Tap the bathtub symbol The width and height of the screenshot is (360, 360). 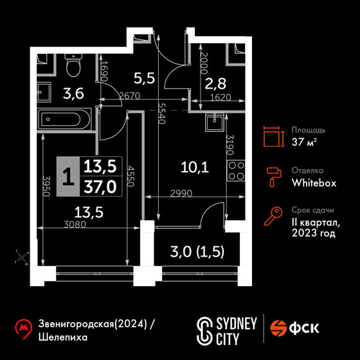point(65,120)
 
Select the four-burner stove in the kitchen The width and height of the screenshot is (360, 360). point(236,170)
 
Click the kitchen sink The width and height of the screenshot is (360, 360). point(214,122)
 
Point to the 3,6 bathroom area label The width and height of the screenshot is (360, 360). point(73,94)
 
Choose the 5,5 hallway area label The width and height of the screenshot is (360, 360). point(144,78)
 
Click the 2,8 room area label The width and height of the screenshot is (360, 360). point(215,84)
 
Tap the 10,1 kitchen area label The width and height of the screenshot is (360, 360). point(195,167)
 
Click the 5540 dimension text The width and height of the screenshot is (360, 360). point(162,113)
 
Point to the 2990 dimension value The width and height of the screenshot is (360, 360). point(181,194)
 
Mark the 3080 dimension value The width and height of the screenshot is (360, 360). point(75,224)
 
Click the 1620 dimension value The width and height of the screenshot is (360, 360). point(221,98)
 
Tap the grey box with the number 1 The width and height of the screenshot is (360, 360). point(68,176)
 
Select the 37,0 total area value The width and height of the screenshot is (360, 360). point(100,186)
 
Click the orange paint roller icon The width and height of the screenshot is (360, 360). point(274,177)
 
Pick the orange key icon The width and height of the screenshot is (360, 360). point(273,216)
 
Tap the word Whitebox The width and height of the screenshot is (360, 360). point(314,183)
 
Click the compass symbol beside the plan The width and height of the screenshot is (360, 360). point(22,257)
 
